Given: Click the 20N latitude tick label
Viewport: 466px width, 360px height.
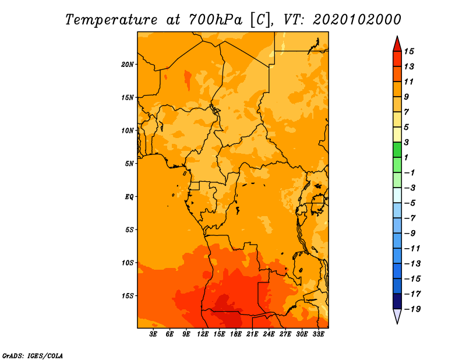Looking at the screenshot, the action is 128,64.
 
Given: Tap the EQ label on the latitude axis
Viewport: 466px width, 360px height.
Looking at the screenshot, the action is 129,196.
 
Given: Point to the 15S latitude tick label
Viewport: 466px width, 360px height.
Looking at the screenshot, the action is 128,296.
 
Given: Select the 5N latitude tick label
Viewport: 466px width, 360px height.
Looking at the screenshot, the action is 129,164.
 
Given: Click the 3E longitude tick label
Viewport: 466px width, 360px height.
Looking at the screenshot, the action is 153,334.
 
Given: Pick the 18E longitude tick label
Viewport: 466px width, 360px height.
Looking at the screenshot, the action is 236,334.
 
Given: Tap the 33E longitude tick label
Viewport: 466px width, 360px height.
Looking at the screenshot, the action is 318,334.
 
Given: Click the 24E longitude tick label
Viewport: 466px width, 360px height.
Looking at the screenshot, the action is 269,334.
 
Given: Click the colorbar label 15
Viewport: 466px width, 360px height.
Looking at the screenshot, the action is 409,51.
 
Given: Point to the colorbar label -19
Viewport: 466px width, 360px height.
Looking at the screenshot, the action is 412,309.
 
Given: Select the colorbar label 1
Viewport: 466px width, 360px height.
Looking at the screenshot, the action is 407,157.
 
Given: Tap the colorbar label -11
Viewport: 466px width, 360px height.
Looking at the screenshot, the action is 412,249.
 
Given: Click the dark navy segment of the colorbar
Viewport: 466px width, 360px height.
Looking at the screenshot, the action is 397,301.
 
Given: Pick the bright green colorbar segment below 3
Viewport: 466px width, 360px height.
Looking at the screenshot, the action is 397,150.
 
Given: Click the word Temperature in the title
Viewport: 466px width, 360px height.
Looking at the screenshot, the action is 111,20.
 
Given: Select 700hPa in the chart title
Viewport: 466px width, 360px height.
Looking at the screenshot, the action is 216,20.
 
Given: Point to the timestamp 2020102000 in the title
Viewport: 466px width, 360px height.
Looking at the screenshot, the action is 357,20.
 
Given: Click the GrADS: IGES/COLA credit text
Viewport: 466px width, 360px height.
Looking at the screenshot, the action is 33,356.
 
